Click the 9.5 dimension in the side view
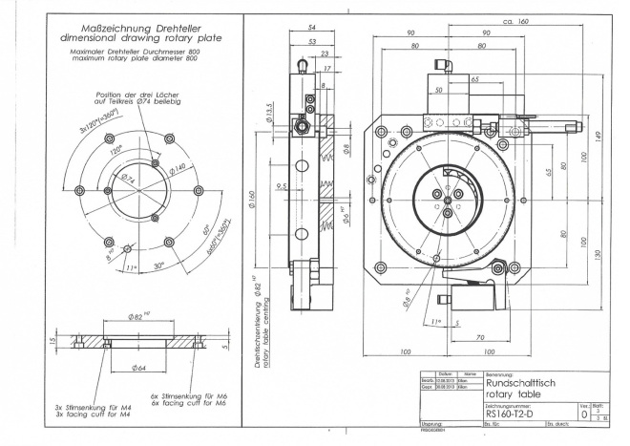tap(280, 186)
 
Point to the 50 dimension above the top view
tap(439, 90)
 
